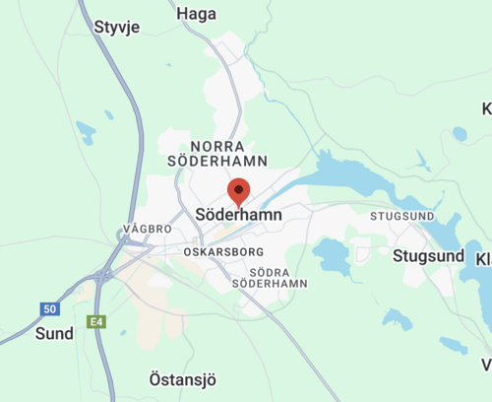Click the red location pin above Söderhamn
238,190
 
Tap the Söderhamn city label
239,214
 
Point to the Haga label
197,14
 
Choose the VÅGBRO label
149,228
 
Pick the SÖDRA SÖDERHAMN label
270,277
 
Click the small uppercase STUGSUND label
401,216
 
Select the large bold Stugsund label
428,256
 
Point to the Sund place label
54,333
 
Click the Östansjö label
182,378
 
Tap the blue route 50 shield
50,309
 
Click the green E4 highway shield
95,321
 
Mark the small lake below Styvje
86,130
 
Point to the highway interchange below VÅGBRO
103,274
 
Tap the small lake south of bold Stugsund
397,319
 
